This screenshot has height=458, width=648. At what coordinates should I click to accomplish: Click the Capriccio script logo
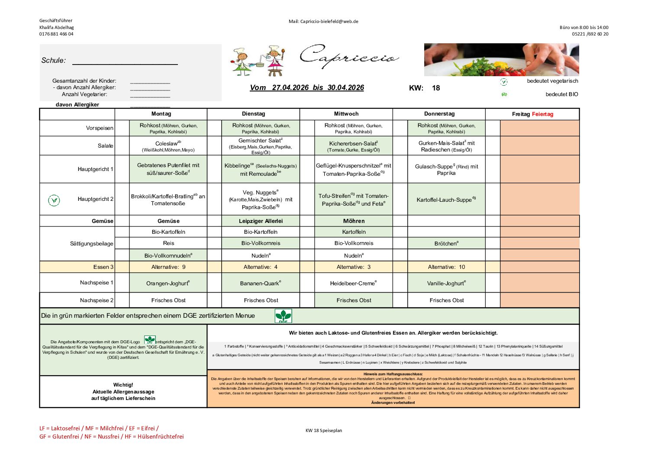click(x=348, y=57)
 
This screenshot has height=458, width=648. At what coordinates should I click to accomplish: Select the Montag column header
click(x=161, y=114)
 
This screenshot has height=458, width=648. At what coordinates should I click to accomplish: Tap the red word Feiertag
click(x=542, y=114)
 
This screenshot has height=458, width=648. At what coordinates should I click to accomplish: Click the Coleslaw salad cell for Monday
click(x=168, y=146)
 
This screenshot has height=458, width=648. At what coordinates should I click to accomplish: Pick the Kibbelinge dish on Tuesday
click(x=261, y=169)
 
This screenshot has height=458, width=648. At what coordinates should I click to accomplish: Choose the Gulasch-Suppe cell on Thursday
click(x=446, y=169)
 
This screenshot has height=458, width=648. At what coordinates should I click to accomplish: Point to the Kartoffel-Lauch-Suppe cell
click(x=446, y=200)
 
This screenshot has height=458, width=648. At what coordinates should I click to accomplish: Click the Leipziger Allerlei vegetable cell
click(x=261, y=221)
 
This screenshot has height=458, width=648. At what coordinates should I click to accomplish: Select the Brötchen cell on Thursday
click(x=446, y=243)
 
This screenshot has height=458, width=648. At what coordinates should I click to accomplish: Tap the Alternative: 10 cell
click(x=446, y=267)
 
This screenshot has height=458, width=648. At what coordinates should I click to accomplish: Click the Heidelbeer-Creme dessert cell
click(x=353, y=283)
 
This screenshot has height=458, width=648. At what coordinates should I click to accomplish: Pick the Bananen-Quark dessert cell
click(x=261, y=283)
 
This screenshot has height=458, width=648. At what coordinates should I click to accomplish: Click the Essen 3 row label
click(x=103, y=267)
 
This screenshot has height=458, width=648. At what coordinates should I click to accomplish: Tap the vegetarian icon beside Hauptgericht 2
click(x=54, y=200)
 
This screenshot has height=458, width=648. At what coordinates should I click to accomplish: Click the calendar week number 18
click(x=435, y=88)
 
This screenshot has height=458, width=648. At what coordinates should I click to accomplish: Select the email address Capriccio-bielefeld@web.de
click(x=329, y=21)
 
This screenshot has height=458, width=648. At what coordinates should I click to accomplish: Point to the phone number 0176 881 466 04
click(x=56, y=34)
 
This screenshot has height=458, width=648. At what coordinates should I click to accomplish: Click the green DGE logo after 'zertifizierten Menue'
click(x=284, y=316)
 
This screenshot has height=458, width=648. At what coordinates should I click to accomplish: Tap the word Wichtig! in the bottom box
click(x=123, y=385)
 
